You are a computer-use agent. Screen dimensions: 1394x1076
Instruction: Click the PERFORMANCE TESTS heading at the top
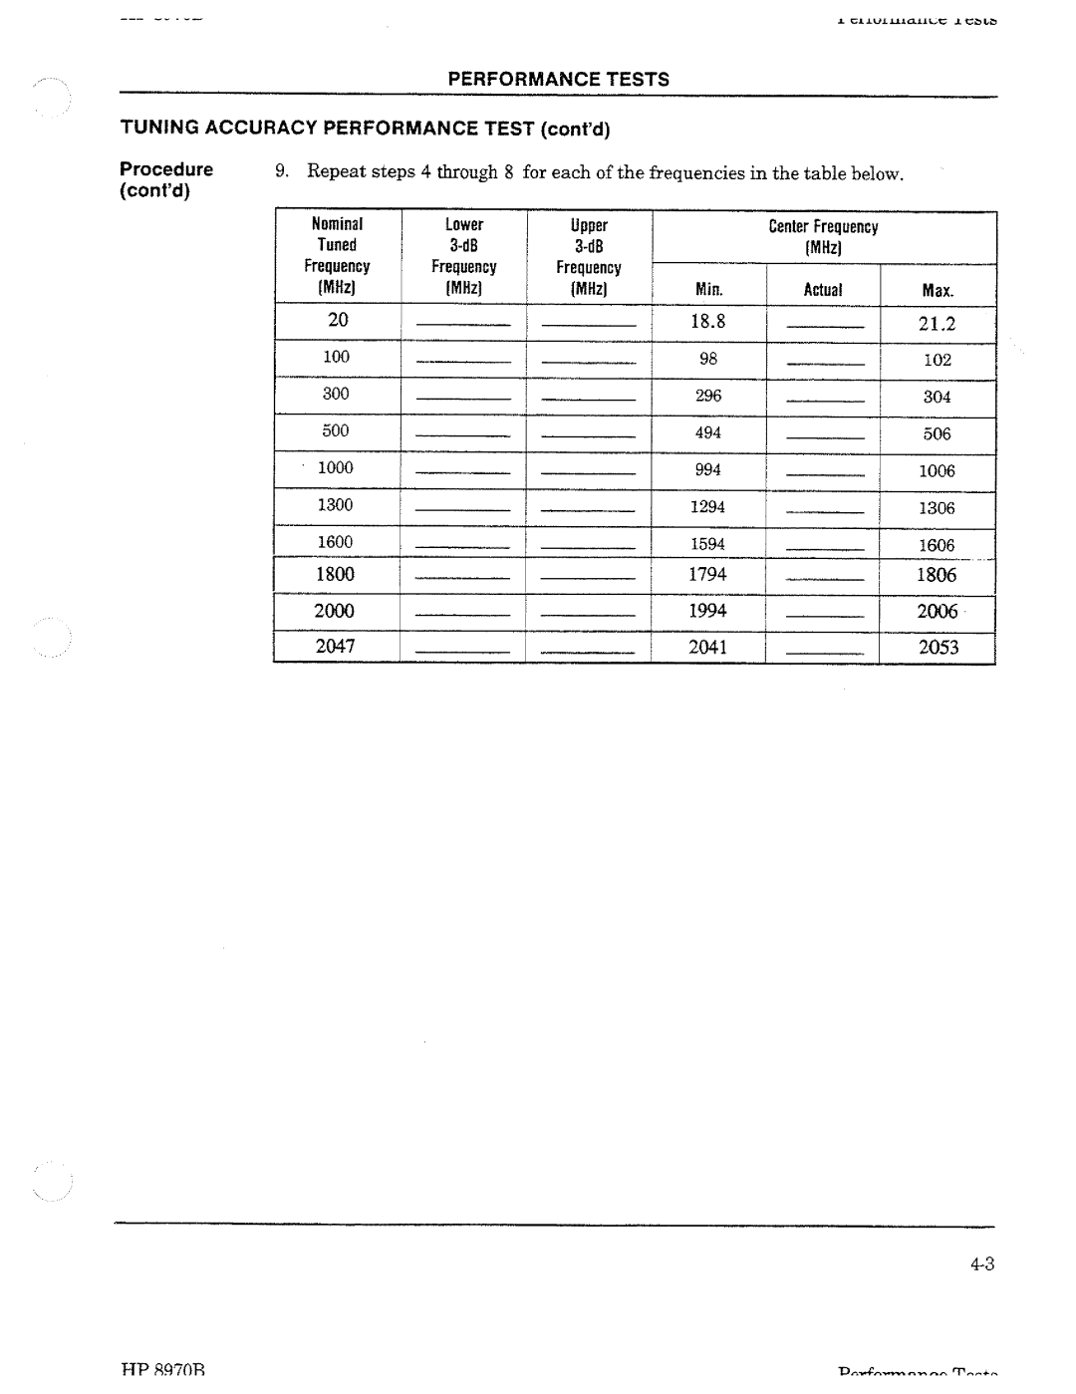click(558, 80)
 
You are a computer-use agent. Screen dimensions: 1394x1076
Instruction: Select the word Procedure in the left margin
click(166, 169)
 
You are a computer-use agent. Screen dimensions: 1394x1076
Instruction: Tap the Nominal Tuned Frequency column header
click(337, 256)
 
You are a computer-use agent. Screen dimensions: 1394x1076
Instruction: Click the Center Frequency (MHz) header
click(823, 237)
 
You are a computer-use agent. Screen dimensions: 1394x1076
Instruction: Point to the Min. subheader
click(708, 290)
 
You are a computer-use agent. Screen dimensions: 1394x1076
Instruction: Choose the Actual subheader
click(823, 290)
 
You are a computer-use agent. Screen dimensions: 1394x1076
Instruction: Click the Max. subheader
click(937, 291)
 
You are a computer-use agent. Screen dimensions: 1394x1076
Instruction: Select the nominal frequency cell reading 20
click(339, 320)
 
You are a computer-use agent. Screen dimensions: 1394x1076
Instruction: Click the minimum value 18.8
click(708, 321)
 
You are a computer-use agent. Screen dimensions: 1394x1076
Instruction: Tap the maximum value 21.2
click(938, 323)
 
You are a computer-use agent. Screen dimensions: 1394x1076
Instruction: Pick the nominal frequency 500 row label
click(336, 430)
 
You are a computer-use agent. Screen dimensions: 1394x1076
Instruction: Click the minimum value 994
click(708, 469)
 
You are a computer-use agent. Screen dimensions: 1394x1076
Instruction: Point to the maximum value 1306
click(937, 508)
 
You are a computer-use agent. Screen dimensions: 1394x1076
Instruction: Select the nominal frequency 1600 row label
click(336, 542)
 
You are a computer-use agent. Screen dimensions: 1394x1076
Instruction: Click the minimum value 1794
click(708, 574)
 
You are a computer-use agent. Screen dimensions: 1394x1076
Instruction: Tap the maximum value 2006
click(938, 611)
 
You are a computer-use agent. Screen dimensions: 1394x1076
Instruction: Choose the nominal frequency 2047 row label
click(336, 646)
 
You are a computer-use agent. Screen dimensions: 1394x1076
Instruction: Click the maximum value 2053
click(939, 648)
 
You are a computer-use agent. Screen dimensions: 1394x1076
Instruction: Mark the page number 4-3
click(981, 1264)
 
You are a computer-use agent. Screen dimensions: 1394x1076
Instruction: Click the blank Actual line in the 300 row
click(823, 401)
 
